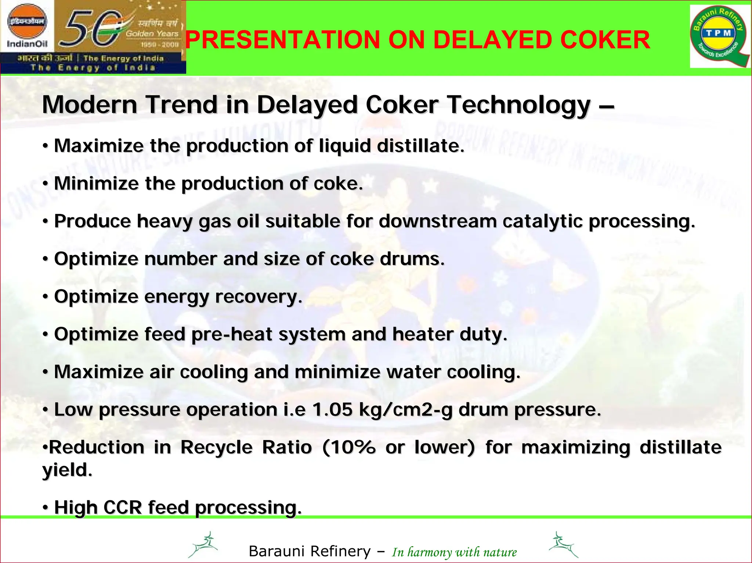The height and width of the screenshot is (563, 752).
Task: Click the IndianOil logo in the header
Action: click(x=28, y=28)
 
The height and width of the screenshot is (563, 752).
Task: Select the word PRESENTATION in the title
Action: click(x=282, y=40)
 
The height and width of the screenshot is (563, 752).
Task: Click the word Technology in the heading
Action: click(x=519, y=105)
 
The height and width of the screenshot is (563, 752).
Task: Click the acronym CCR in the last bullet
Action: click(x=123, y=507)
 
